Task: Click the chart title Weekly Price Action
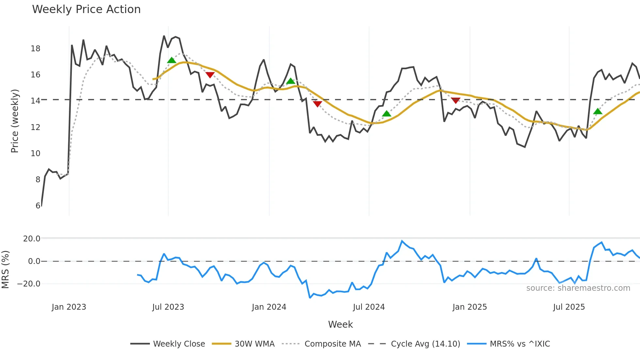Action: (86, 9)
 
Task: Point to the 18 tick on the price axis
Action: (35, 48)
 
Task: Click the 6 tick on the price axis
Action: (38, 205)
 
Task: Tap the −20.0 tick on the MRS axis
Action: (29, 284)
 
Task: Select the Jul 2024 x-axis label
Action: (369, 307)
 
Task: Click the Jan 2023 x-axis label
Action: (69, 307)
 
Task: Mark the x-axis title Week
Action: (340, 324)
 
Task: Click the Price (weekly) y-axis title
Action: (15, 121)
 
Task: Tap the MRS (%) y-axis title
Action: (5, 269)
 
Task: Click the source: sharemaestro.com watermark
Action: (578, 288)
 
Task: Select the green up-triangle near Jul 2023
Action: (171, 60)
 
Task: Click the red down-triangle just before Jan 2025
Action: (456, 100)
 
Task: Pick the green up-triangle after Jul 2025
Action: (598, 111)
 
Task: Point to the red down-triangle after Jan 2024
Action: (317, 104)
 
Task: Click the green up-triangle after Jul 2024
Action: (386, 114)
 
